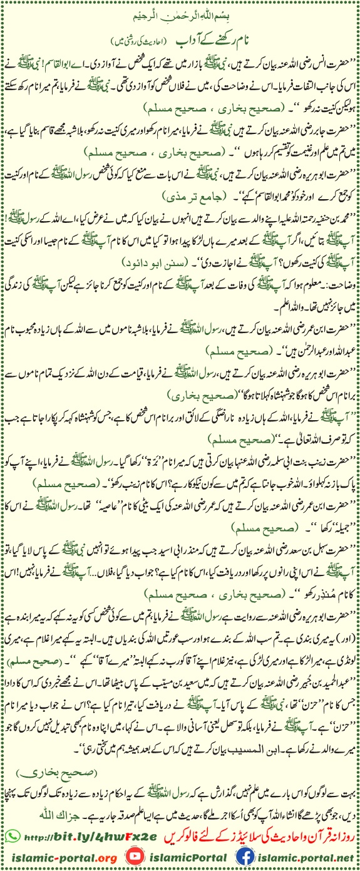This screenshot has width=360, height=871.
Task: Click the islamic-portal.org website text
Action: [63, 856]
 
